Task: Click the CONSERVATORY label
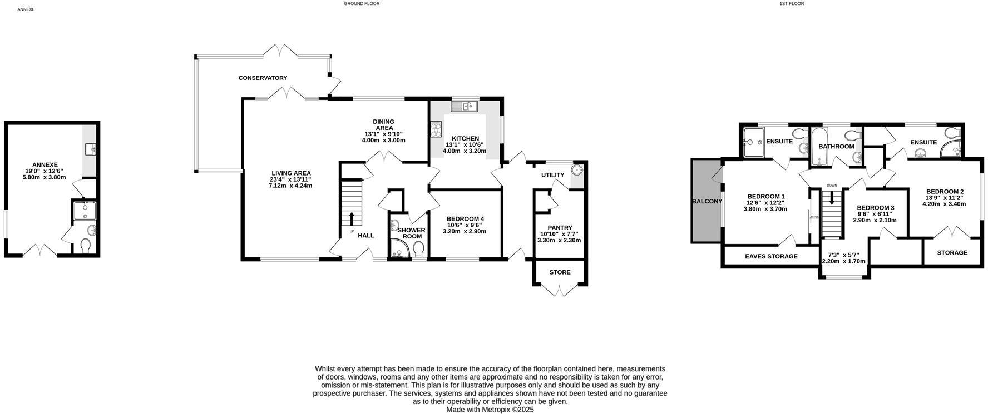click(263, 78)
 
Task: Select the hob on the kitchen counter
click(436, 129)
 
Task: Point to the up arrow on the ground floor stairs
click(351, 217)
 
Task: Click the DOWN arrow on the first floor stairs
click(832, 198)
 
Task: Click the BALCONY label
click(707, 201)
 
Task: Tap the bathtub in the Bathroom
click(819, 147)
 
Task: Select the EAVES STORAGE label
click(771, 256)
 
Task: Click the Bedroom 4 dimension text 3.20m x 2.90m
click(465, 231)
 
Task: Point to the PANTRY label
click(560, 228)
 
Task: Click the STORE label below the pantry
click(560, 272)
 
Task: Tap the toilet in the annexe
click(86, 245)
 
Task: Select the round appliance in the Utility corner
click(577, 170)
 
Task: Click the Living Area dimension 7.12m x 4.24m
click(290, 186)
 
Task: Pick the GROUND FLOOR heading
click(362, 3)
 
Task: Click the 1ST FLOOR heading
click(792, 3)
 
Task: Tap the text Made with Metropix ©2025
click(490, 410)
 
